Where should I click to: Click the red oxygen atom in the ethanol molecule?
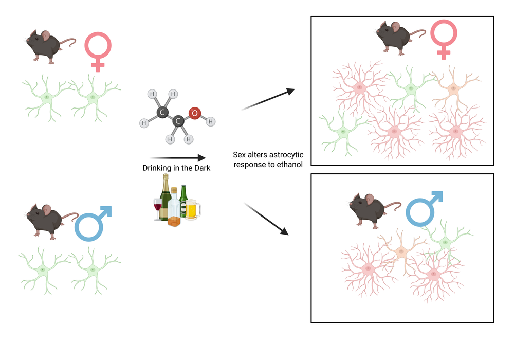coord(194,113)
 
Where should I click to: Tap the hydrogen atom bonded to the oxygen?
coord(211,121)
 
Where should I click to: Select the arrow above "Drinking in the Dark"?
coord(177,158)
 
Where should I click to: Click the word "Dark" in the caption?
coord(201,168)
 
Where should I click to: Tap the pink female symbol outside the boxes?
coord(98,51)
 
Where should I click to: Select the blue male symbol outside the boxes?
coord(93,224)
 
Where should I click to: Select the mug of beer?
coord(192,210)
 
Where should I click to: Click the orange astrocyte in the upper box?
coord(452,88)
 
